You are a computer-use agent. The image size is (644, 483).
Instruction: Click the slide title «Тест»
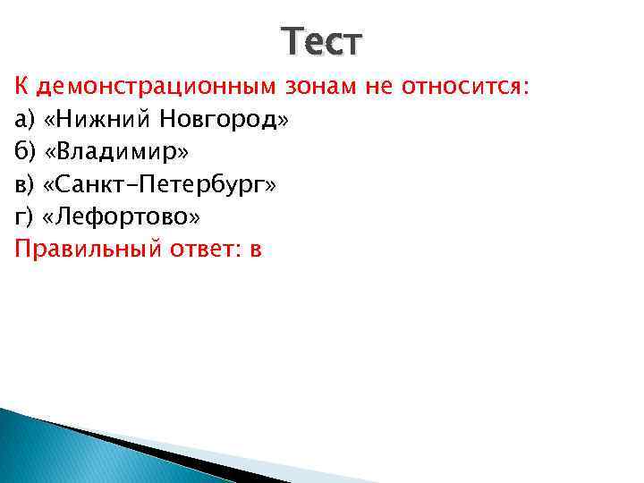322,41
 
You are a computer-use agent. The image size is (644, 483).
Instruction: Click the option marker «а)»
24,119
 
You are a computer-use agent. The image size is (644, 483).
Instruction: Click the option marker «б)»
24,151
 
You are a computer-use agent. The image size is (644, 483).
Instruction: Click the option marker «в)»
24,184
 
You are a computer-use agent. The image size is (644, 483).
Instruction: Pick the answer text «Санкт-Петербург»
161,184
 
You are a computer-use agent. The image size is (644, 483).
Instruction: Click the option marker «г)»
23,216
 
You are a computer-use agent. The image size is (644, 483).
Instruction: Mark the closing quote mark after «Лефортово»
194,217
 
